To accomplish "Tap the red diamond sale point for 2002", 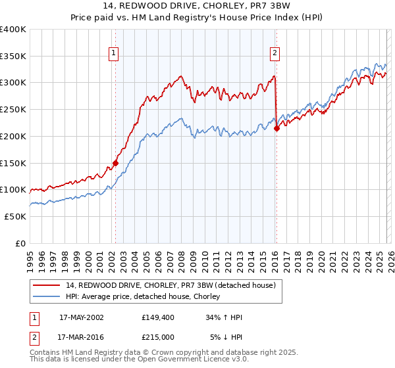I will coord(115,163).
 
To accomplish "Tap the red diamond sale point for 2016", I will coord(276,128).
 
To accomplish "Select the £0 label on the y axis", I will coord(21,243).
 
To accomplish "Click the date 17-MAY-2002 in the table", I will coord(81,317).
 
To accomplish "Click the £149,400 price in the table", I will coord(157,317).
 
